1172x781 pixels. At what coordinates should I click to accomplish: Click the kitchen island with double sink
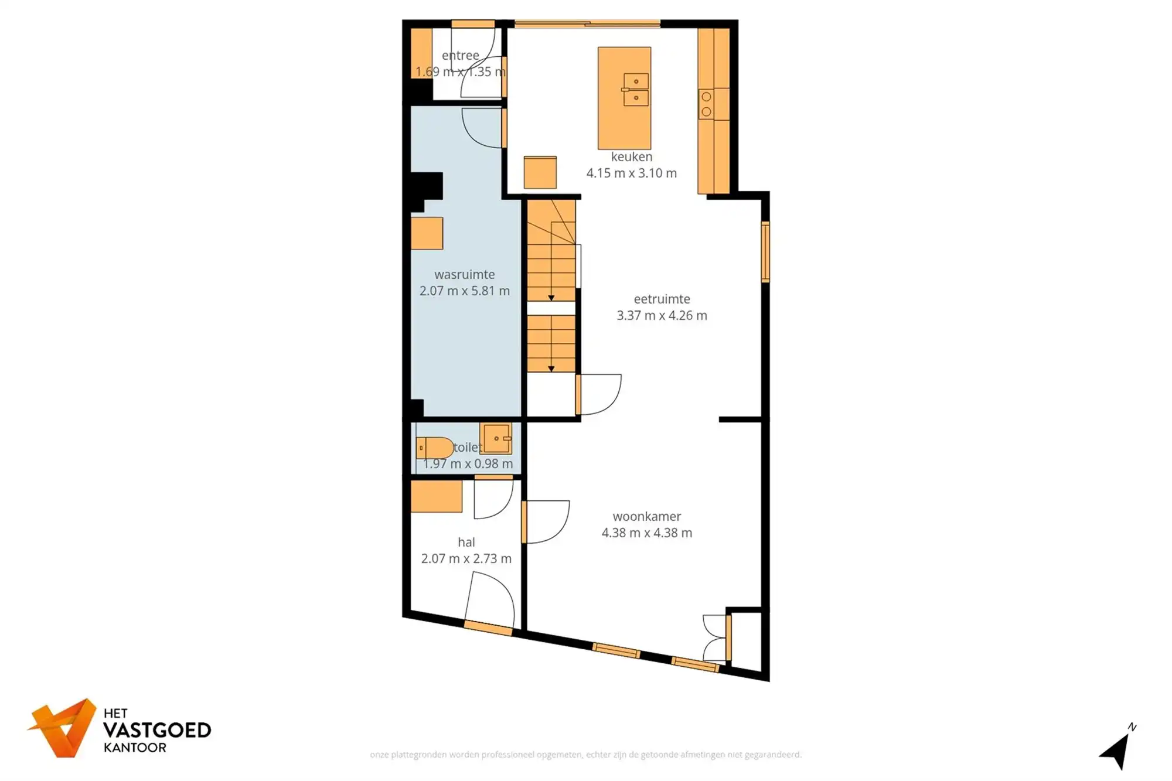coord(624,98)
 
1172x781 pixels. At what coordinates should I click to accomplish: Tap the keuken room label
coord(631,156)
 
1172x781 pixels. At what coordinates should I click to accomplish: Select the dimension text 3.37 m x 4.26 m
coord(662,315)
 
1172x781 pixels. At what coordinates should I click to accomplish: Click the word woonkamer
coord(646,516)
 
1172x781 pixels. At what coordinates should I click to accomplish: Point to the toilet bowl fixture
coord(435,448)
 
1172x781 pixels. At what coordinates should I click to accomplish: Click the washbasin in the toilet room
coord(496,438)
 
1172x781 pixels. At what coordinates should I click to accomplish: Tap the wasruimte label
coord(464,274)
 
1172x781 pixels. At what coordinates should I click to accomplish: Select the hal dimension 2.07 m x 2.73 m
coord(466,558)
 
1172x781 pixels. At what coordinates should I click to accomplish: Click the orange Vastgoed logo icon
coord(63,728)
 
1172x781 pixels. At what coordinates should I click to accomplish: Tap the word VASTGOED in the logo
coord(157,730)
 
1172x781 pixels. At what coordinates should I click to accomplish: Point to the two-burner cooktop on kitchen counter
coord(707,104)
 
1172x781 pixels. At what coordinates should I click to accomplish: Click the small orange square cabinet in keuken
coord(540,172)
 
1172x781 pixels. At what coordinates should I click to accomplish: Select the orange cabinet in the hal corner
coord(436,496)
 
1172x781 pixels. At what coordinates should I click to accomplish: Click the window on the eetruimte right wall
coord(765,252)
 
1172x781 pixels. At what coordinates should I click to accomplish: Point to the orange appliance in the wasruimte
coord(427,233)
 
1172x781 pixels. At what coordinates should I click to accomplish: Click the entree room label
coord(460,55)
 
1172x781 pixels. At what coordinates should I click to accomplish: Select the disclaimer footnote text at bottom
coord(585,755)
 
